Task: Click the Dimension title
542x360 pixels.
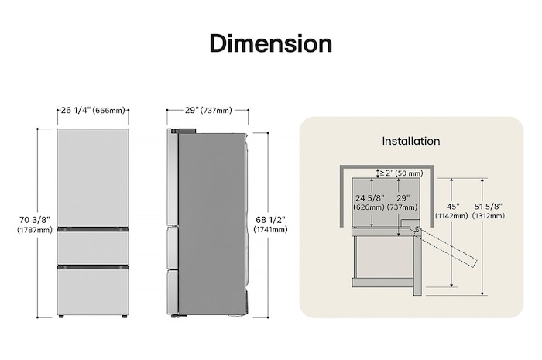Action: point(270,43)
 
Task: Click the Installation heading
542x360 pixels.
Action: point(410,141)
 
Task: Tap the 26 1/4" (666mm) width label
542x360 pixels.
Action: point(92,111)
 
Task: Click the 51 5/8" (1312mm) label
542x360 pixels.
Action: point(489,211)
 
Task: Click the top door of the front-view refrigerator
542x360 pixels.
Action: point(92,177)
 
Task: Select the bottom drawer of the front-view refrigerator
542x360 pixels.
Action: point(92,291)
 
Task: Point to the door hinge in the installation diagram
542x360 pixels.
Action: point(418,229)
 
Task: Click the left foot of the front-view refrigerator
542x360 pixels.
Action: point(61,317)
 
